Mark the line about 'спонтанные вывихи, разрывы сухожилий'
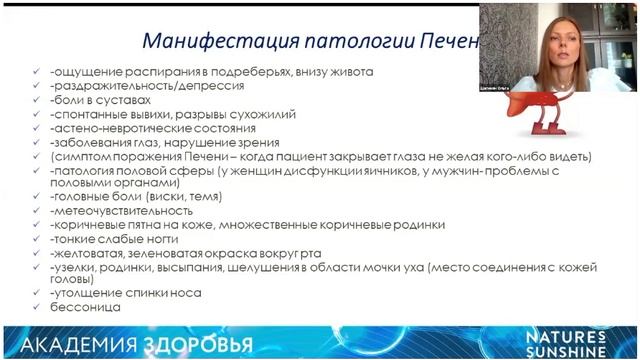pyautogui.click(x=171, y=114)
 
